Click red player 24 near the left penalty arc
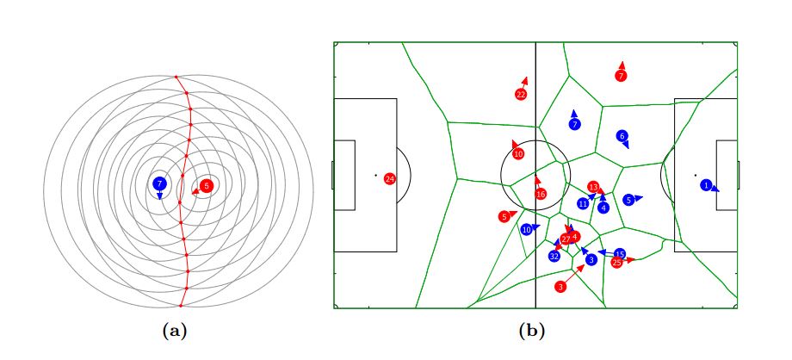tap(389, 179)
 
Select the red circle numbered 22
tap(521, 95)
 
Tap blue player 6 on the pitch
tap(622, 136)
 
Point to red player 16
tap(541, 195)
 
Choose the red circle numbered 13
tap(593, 187)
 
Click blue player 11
tap(583, 203)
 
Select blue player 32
tap(554, 256)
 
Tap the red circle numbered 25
tap(616, 262)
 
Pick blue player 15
tap(620, 254)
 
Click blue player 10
tap(526, 230)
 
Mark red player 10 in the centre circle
tap(518, 154)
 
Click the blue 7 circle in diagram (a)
tap(159, 183)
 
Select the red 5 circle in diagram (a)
tap(206, 185)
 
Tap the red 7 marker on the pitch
tap(621, 76)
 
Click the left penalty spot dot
tap(375, 176)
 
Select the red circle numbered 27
tap(566, 239)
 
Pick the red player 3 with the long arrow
tap(560, 286)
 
